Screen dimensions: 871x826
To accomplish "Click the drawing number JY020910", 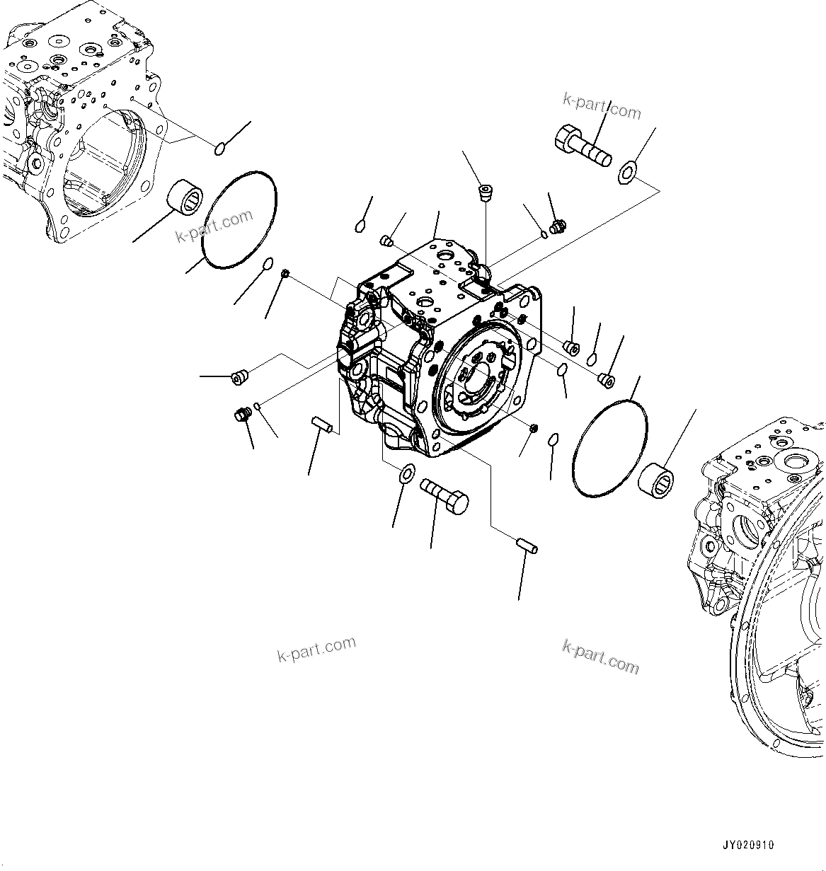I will coord(748,845).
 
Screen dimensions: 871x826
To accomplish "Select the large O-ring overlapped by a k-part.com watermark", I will coord(239,219).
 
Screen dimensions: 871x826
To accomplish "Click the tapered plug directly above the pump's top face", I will coord(485,192).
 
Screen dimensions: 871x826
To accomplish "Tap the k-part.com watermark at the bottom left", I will coord(316,649).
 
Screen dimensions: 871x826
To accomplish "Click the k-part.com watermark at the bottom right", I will coord(600,657).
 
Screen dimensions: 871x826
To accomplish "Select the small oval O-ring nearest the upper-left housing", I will coord(220,148).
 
